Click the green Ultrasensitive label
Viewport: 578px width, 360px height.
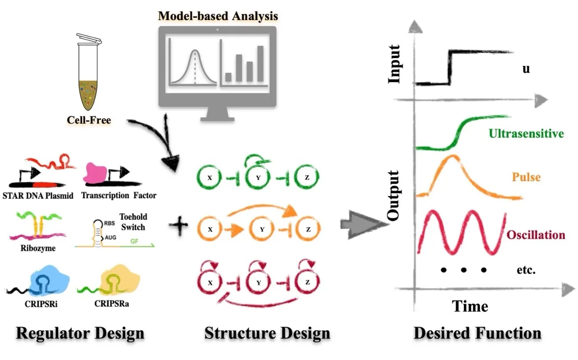526,133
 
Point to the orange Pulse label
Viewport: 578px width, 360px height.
526,177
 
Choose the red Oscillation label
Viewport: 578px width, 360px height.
535,234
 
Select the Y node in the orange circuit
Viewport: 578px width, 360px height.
262,230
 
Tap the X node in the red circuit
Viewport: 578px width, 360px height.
210,281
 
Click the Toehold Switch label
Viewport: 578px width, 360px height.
133,221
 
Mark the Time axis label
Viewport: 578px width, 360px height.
470,306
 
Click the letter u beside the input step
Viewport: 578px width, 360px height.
526,69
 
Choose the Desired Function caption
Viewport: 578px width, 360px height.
478,333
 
